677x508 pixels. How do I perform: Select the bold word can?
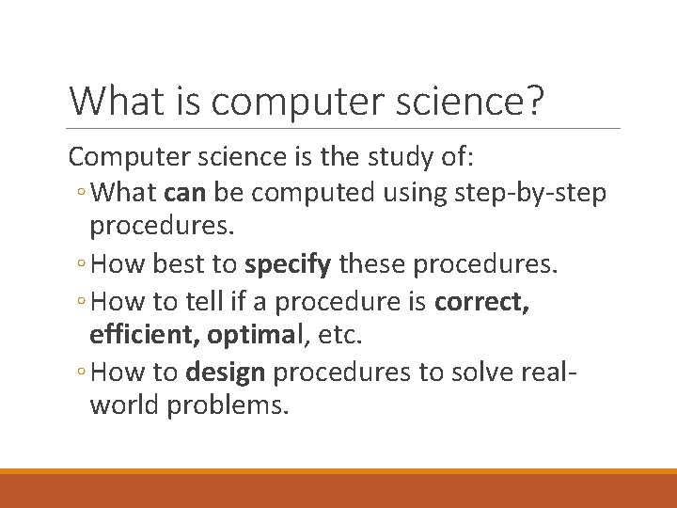[185, 193]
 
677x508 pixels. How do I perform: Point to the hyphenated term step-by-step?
[531, 193]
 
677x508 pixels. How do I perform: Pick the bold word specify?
[289, 265]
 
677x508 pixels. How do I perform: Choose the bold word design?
[227, 372]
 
